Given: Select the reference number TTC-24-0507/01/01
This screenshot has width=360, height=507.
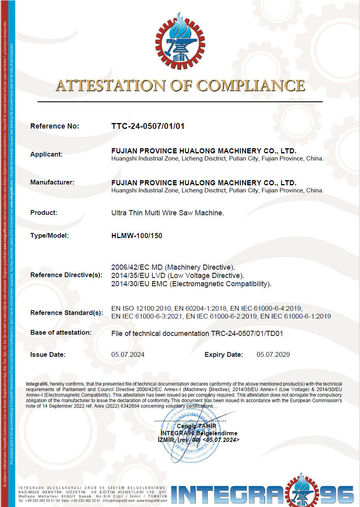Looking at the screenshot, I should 148,126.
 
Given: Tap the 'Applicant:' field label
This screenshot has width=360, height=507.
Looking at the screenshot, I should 47,154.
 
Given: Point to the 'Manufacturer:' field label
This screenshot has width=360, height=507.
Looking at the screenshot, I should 52,183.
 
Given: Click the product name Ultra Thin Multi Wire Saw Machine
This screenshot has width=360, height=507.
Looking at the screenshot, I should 168,213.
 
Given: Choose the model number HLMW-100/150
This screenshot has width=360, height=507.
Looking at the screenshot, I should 137,236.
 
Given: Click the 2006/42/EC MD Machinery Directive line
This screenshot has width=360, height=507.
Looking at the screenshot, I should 173,267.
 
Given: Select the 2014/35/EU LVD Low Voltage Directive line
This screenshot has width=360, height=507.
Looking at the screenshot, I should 178,275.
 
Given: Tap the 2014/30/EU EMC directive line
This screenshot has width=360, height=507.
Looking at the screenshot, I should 192,283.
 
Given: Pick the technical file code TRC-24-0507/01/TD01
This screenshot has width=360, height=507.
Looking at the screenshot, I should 246,334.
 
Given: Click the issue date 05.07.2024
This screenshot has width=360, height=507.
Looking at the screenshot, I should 128,354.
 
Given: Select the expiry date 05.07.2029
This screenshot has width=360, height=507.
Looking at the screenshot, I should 273,354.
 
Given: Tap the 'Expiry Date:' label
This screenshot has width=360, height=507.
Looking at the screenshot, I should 224,354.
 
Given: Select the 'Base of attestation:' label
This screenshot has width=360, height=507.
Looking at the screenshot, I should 61,333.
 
